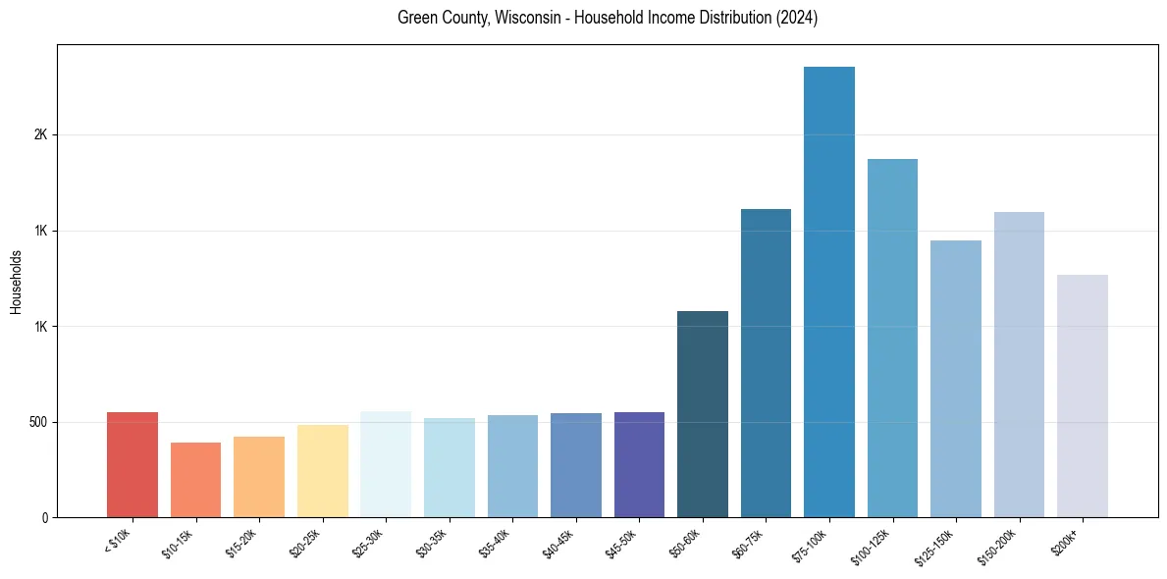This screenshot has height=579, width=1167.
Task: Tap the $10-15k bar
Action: click(195, 480)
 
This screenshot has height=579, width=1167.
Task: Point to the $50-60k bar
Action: click(703, 414)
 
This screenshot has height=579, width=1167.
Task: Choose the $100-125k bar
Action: click(892, 338)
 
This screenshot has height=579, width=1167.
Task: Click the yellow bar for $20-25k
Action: click(323, 471)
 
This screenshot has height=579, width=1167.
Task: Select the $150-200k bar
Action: click(1019, 364)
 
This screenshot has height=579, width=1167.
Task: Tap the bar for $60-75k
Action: click(766, 363)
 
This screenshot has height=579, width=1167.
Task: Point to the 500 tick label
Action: click(38, 422)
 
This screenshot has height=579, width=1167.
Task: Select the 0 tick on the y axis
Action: click(45, 517)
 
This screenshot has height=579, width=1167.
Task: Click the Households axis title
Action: click(17, 282)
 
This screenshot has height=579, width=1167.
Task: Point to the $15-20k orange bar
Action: click(259, 477)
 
